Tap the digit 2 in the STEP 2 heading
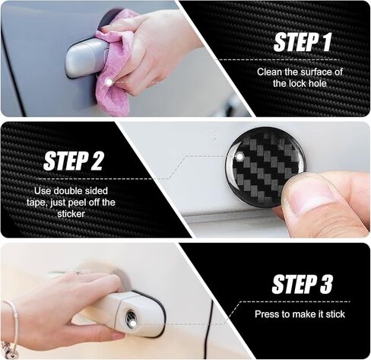coord(100,161)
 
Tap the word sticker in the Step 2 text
coord(75,214)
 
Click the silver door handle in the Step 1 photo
coord(84,59)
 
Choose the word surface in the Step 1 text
coord(306,72)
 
